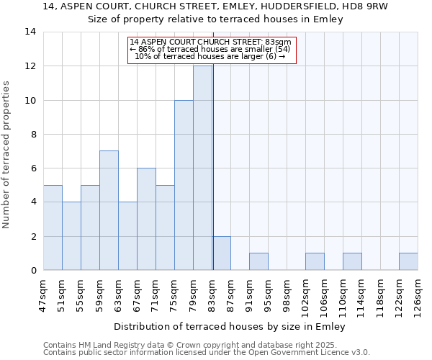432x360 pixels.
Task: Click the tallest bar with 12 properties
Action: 202,168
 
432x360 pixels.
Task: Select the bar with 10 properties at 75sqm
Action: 184,185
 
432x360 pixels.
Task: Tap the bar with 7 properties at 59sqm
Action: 109,210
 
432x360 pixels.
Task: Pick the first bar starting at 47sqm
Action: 53,228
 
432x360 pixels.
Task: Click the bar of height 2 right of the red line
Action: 222,253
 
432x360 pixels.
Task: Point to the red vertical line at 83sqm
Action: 213,158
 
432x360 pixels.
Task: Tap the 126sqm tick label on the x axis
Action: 418,294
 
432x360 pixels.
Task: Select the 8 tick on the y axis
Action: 33,134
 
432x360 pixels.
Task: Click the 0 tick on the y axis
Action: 33,271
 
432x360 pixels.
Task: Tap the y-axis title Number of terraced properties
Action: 7,155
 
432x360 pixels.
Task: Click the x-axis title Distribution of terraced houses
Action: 230,326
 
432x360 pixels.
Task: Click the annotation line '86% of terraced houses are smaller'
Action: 210,49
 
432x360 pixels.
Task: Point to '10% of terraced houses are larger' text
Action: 210,56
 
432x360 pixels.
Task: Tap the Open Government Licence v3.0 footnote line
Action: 207,353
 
